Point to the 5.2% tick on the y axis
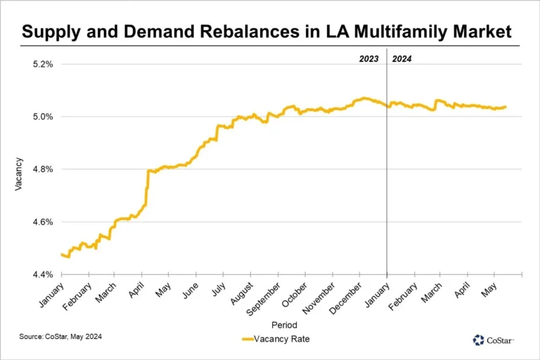point(43,64)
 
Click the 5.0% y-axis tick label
point(43,117)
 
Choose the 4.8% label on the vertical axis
point(43,169)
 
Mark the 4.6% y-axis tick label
point(43,222)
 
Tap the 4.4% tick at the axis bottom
point(43,274)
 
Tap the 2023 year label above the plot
point(369,59)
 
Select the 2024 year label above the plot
point(401,59)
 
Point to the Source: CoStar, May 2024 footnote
point(60,337)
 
